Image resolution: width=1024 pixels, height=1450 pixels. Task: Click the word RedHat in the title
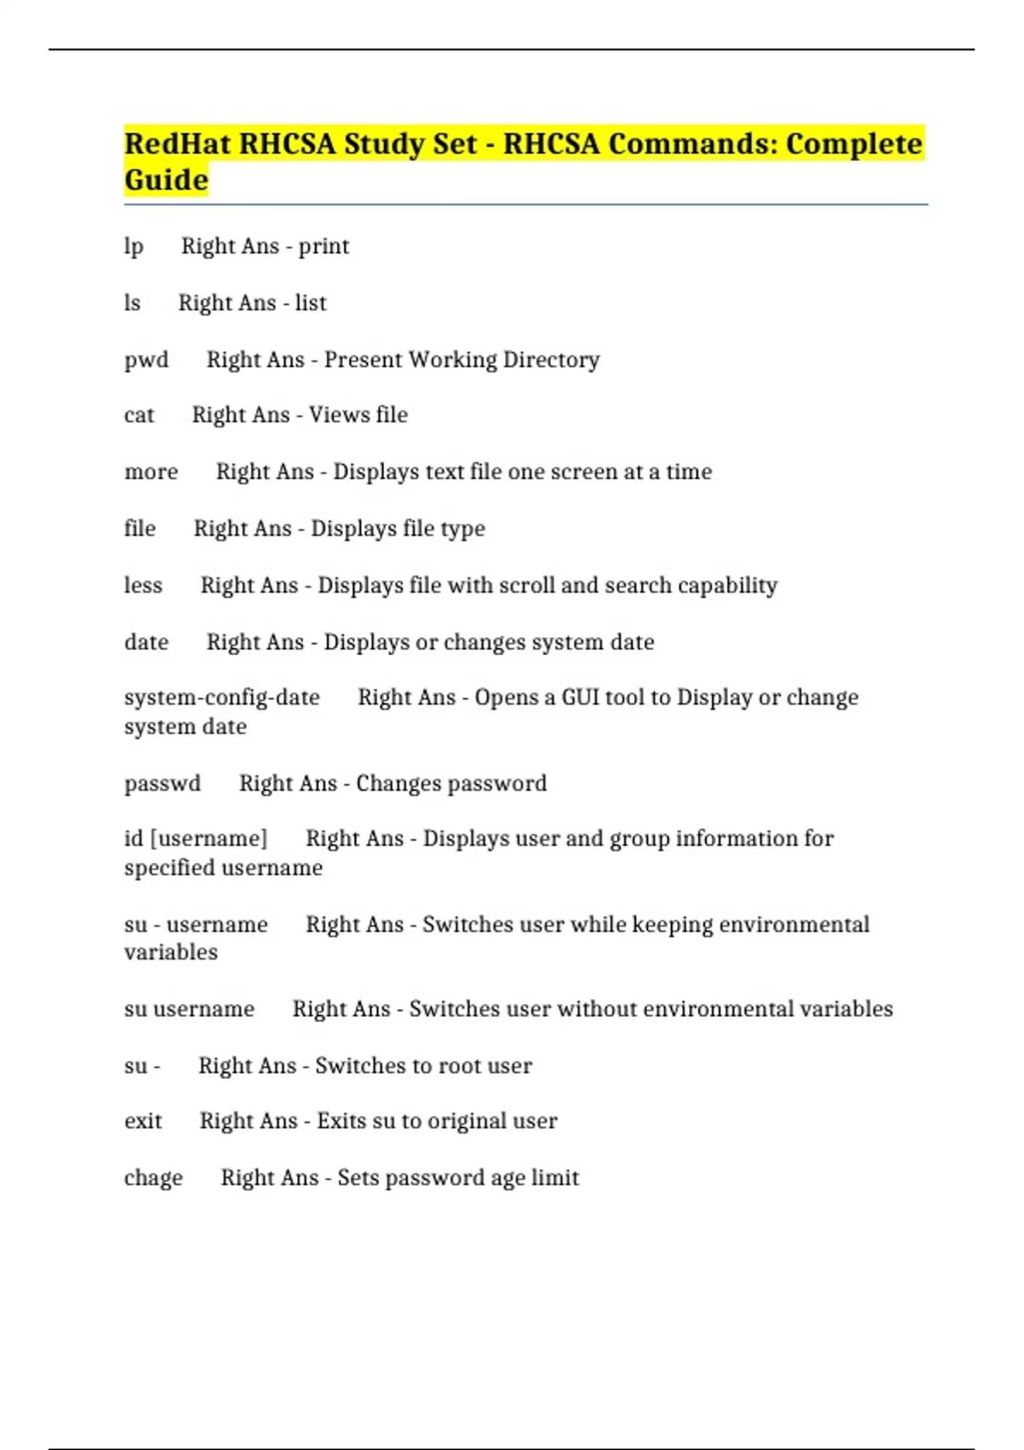(177, 143)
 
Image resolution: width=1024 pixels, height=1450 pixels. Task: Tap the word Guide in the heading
(166, 180)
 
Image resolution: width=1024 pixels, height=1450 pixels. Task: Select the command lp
(133, 246)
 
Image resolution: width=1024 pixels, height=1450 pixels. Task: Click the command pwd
(146, 360)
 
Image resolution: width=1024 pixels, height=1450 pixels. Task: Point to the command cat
(139, 415)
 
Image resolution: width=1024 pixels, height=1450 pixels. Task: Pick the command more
(151, 472)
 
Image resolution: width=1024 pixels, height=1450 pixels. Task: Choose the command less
(143, 585)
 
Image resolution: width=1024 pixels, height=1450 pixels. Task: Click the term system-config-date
(222, 697)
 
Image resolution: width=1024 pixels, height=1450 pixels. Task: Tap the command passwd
(162, 783)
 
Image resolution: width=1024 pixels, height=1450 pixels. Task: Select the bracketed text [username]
(209, 838)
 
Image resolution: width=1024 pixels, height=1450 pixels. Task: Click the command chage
(154, 1178)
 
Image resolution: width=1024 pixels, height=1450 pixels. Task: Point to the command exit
(143, 1121)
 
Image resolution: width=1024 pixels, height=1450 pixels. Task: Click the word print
(323, 246)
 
